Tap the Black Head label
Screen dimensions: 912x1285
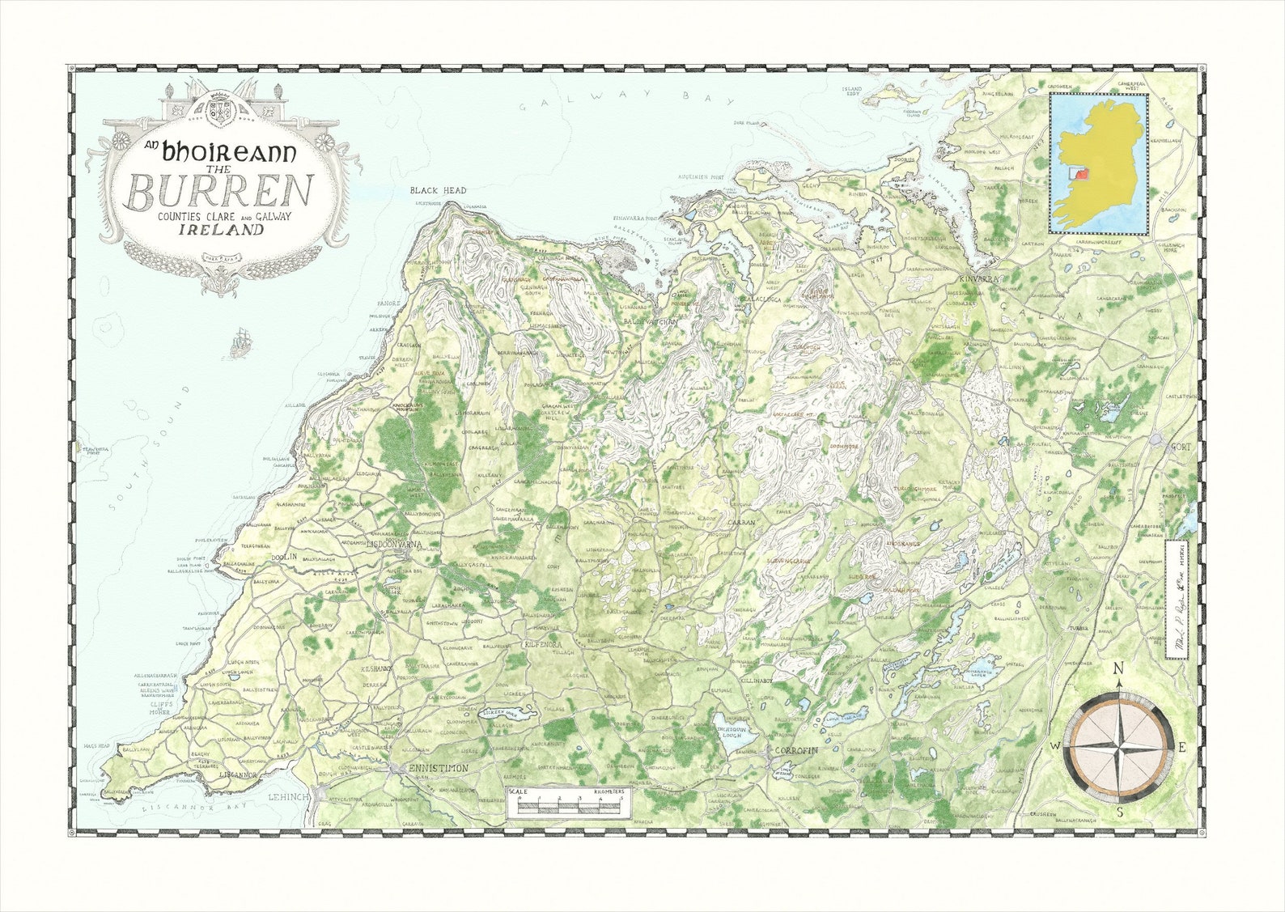(438, 190)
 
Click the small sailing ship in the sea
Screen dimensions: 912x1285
(241, 343)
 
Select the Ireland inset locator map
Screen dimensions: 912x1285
(1098, 163)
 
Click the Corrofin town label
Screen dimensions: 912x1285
(797, 751)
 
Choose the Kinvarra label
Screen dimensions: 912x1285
(979, 279)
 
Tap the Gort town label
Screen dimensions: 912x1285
(1182, 444)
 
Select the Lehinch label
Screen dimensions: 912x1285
(289, 798)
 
